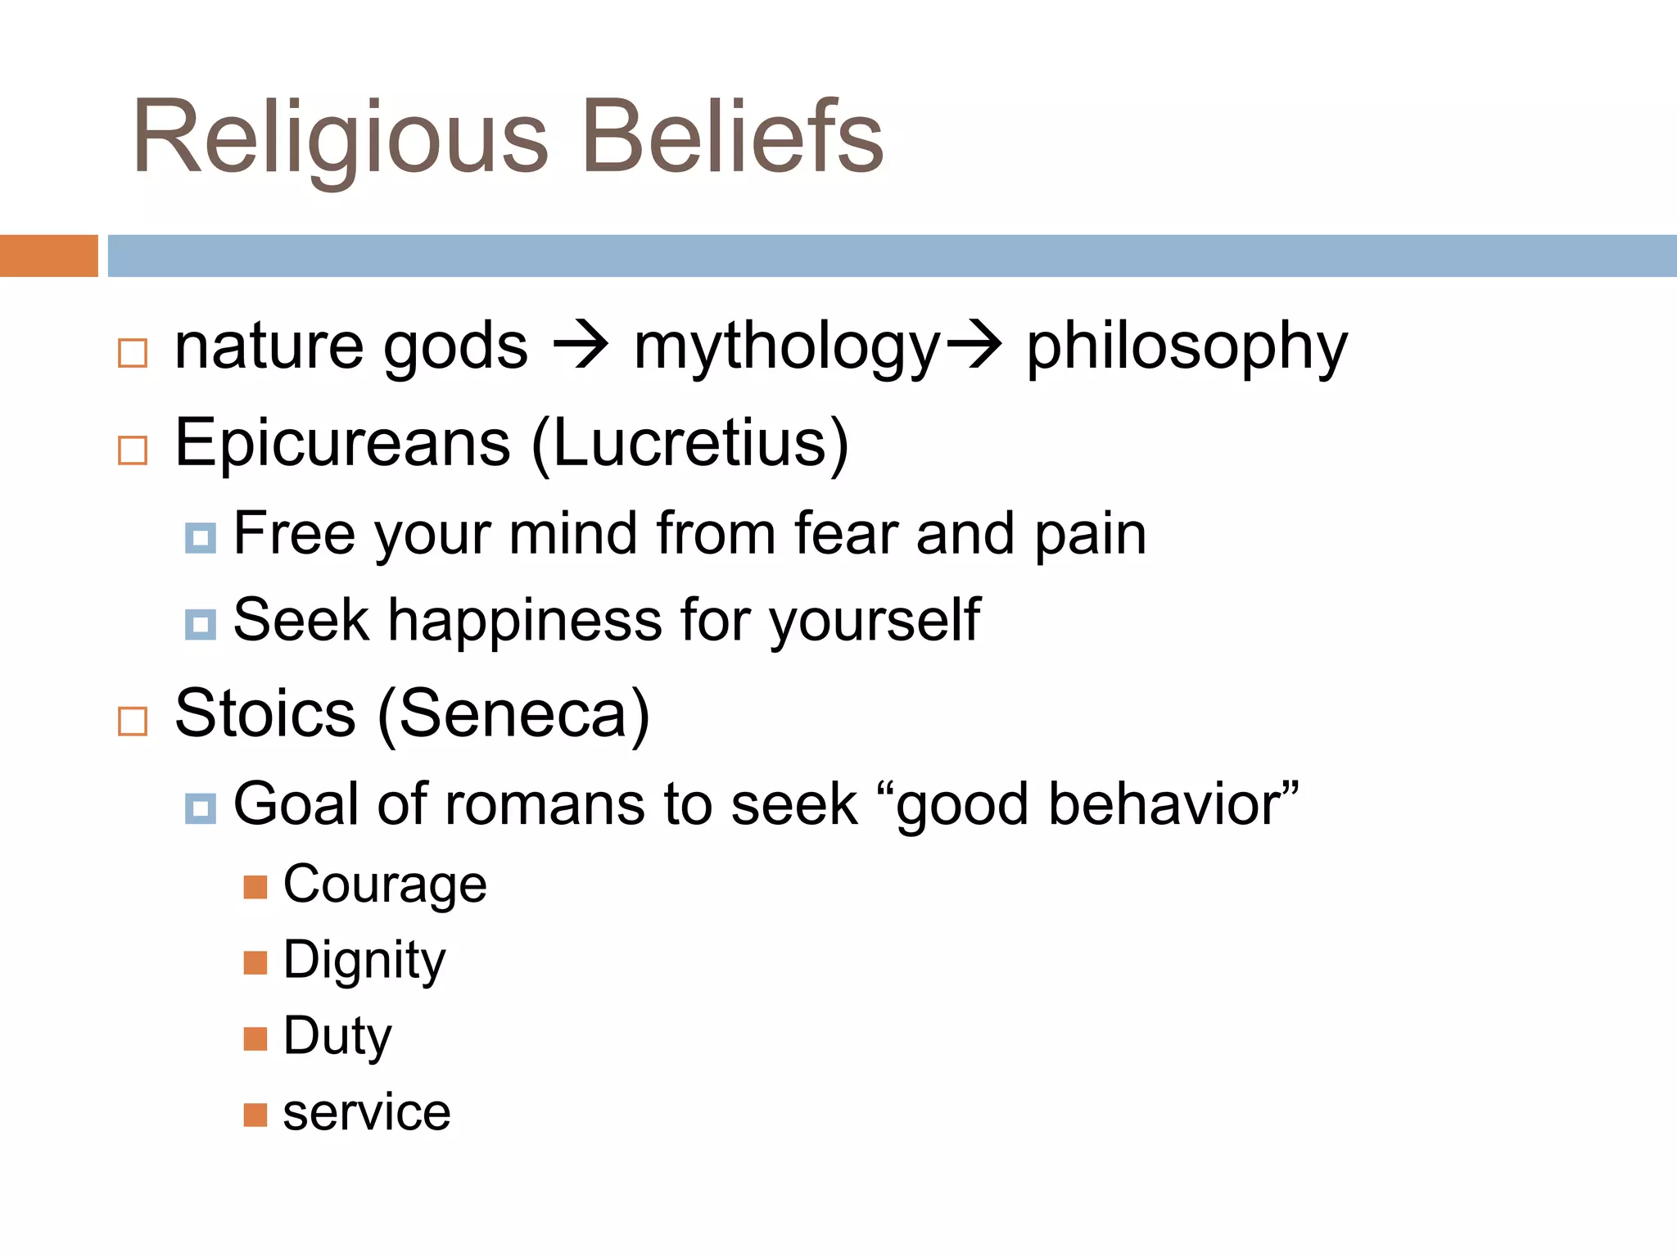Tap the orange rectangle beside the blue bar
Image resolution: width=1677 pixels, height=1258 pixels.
point(48,256)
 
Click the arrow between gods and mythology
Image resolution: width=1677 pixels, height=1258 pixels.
point(581,346)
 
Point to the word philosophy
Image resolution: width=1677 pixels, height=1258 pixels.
point(1187,348)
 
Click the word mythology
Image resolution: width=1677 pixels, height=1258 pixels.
point(787,348)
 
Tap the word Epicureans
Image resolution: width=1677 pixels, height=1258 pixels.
point(343,444)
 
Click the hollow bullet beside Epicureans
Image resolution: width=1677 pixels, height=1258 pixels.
point(133,450)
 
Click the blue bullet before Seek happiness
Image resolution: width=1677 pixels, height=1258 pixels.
point(201,625)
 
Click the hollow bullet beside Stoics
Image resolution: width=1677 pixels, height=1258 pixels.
point(133,722)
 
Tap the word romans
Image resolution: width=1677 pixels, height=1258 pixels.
point(545,804)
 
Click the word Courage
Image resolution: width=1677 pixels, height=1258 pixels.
point(385,885)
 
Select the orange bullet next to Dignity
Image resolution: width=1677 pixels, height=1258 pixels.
point(255,962)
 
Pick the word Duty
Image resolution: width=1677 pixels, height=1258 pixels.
point(337,1037)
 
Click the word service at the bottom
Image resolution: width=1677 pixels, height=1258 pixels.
point(367,1113)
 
